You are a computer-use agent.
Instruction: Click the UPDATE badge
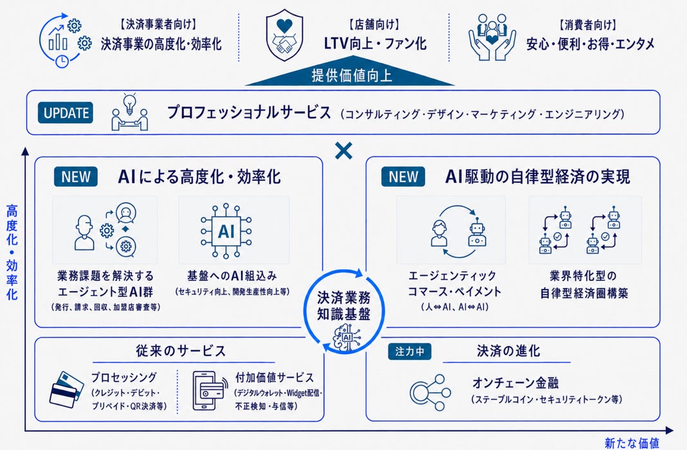(66, 113)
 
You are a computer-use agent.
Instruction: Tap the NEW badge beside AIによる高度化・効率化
(76, 176)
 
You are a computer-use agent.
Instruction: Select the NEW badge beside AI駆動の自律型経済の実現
(403, 176)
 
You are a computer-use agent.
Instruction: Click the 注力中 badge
(410, 352)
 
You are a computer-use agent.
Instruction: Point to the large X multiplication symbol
(343, 151)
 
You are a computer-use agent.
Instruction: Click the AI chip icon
(226, 230)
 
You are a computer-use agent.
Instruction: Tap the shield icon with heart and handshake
(284, 35)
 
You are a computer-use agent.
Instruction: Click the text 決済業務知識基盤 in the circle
(344, 306)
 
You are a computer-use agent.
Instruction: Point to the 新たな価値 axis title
(632, 443)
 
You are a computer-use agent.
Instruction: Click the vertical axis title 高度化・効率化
(12, 252)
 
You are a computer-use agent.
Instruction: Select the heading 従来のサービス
(181, 351)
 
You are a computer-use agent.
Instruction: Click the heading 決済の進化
(508, 351)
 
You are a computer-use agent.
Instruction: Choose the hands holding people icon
(492, 37)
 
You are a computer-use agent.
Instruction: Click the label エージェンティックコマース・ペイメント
(454, 283)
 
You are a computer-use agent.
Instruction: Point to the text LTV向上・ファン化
(375, 43)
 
